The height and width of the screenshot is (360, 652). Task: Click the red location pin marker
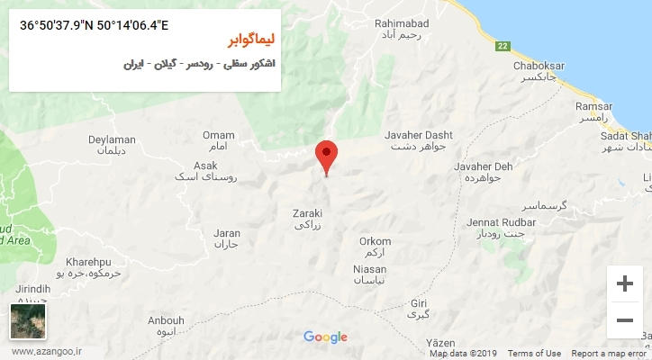tap(327, 156)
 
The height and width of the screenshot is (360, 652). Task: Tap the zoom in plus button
tap(624, 284)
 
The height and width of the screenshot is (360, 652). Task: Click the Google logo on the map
tap(325, 337)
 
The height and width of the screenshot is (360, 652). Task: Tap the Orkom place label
tap(375, 241)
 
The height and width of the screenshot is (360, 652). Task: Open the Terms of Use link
tap(534, 354)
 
